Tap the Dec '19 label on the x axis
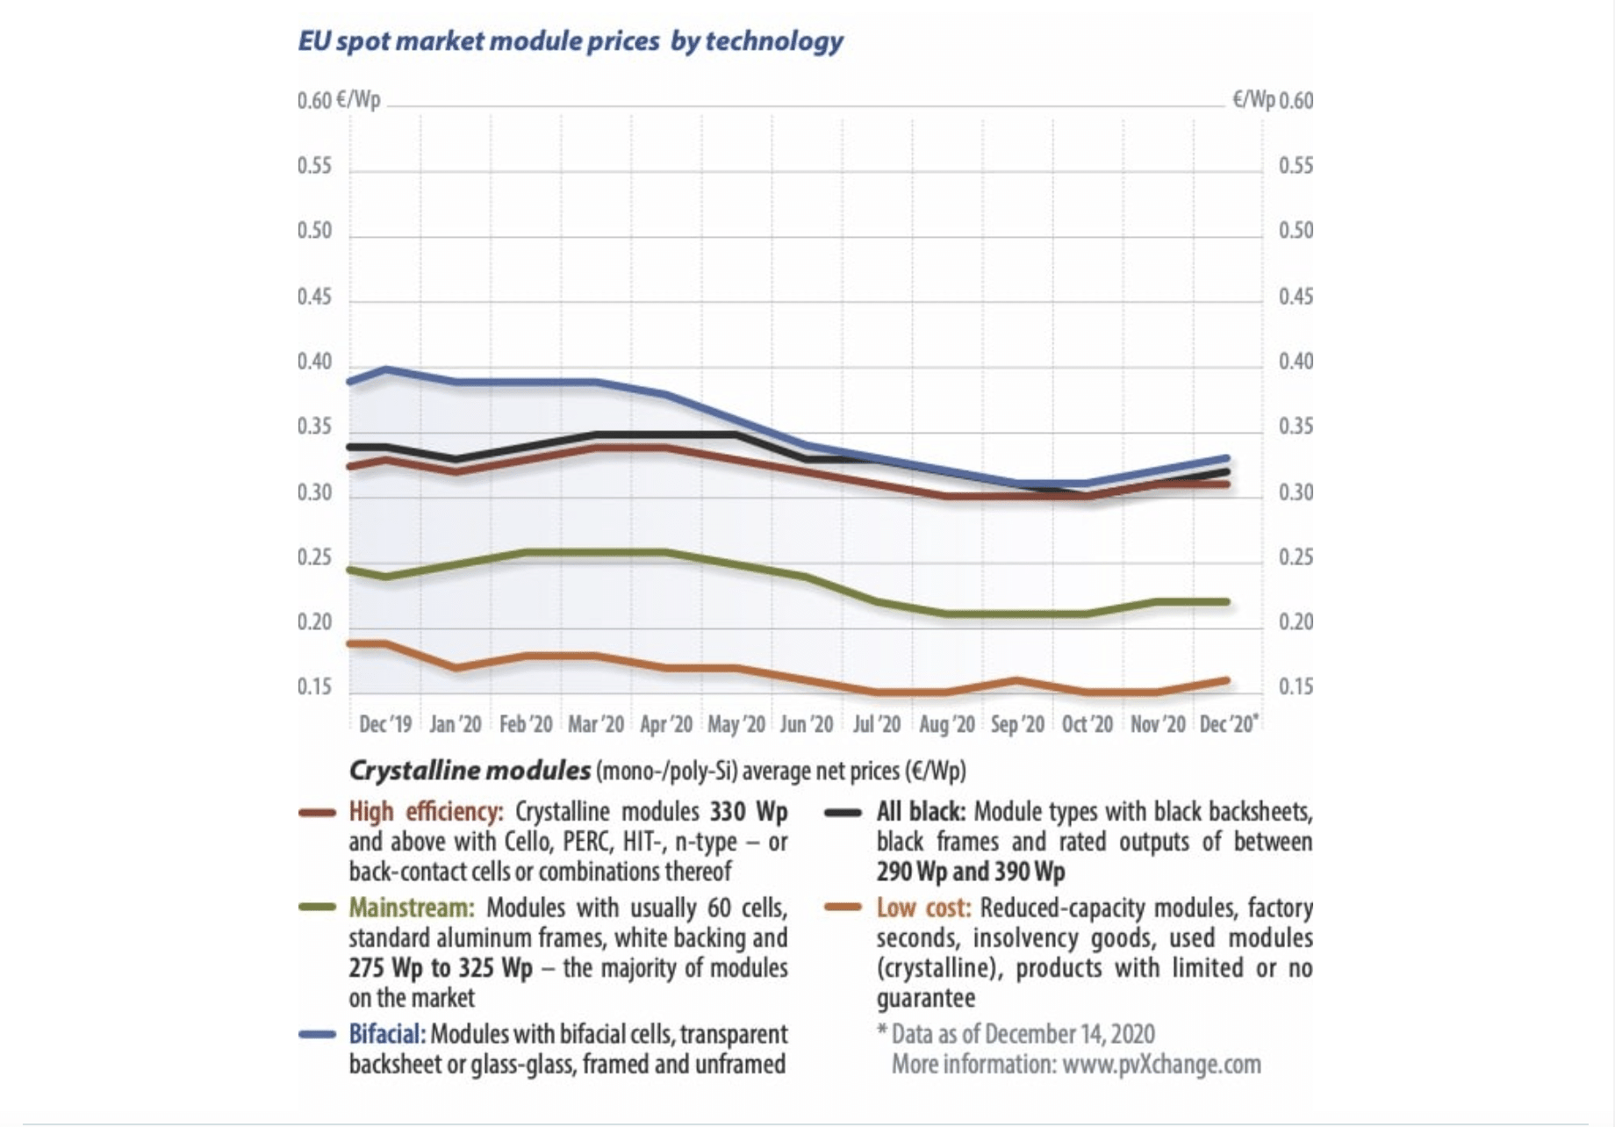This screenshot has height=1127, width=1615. coord(384,724)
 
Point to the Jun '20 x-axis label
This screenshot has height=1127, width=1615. coord(806,724)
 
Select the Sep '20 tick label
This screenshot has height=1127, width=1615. coord(1017,724)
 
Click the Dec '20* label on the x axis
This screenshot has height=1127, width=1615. coord(1228,724)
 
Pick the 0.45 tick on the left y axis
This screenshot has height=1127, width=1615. coord(314,297)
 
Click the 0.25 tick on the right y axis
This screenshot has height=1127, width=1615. coord(1296,557)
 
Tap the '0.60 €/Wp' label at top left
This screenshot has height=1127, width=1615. coord(339,100)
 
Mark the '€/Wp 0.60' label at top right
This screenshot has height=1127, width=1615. coord(1272,100)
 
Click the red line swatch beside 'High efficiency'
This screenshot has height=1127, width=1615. coord(317,813)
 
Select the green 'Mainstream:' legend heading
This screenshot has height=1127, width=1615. coord(411,907)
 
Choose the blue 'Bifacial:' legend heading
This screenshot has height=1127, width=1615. coord(387,1034)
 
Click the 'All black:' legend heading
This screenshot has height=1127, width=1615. coord(921,811)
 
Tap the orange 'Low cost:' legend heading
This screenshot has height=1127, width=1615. coord(923,908)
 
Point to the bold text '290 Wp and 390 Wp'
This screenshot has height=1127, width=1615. coord(970,872)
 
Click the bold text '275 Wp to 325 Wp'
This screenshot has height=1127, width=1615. coord(440,968)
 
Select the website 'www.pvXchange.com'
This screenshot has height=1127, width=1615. coord(1161,1065)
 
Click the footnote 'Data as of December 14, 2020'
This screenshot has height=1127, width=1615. coord(1023,1034)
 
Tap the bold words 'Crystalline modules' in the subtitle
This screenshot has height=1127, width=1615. coord(470,771)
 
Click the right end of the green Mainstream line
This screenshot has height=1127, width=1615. coord(1226,602)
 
